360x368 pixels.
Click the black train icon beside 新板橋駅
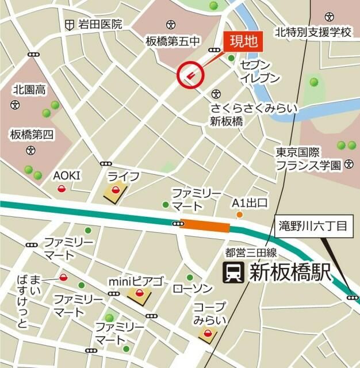233,273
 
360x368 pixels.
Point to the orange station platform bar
205,226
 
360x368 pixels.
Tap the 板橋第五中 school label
172,41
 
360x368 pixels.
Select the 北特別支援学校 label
313,32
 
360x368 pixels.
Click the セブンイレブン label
260,71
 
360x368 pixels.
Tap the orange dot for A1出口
239,215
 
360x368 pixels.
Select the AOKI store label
67,176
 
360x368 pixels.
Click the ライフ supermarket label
124,175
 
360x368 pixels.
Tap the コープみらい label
209,313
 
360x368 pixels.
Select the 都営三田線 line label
252,252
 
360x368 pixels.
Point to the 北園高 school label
29,90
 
